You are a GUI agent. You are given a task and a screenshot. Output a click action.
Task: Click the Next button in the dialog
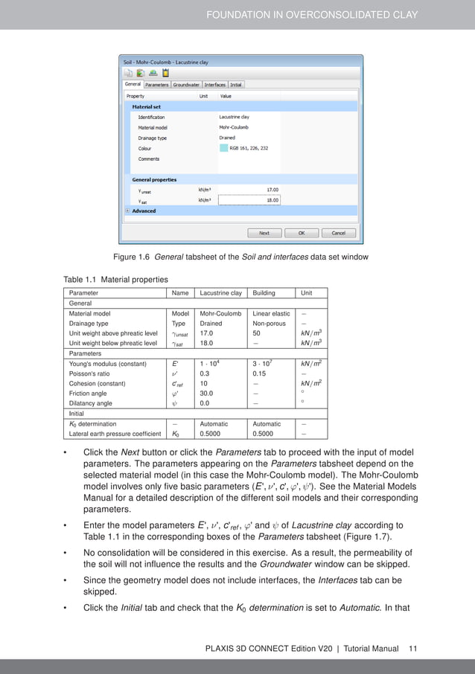[x=264, y=233]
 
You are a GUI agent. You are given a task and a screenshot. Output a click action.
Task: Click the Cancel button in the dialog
[x=338, y=233]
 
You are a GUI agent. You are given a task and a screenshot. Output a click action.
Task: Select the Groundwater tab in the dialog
[x=186, y=85]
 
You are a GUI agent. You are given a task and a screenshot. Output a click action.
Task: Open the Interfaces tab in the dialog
[x=214, y=85]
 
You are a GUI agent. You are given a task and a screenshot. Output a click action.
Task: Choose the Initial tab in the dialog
[x=236, y=85]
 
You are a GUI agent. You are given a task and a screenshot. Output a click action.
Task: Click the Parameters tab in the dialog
[x=156, y=85]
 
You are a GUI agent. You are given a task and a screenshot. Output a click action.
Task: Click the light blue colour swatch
[x=223, y=148]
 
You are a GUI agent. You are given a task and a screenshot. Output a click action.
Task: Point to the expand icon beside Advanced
[x=128, y=211]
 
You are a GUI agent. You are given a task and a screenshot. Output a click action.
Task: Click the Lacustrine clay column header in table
[x=220, y=293]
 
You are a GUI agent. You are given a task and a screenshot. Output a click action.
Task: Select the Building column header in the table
[x=265, y=293]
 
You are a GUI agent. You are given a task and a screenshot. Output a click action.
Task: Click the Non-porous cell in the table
[x=269, y=324]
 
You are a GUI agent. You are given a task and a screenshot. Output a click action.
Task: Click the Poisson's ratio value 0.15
[x=260, y=373]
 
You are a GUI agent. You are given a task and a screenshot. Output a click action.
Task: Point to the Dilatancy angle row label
[x=91, y=403]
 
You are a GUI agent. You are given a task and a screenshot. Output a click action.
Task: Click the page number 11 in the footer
[x=412, y=648]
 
